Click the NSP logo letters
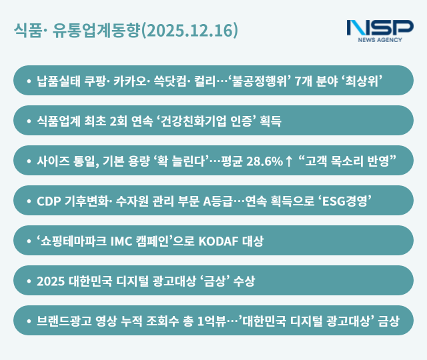tap(380, 28)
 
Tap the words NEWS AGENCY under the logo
tap(380, 40)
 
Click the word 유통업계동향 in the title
tap(99, 31)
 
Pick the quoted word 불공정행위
tap(256, 81)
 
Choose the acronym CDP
tap(49, 201)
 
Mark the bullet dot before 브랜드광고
tap(28, 321)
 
